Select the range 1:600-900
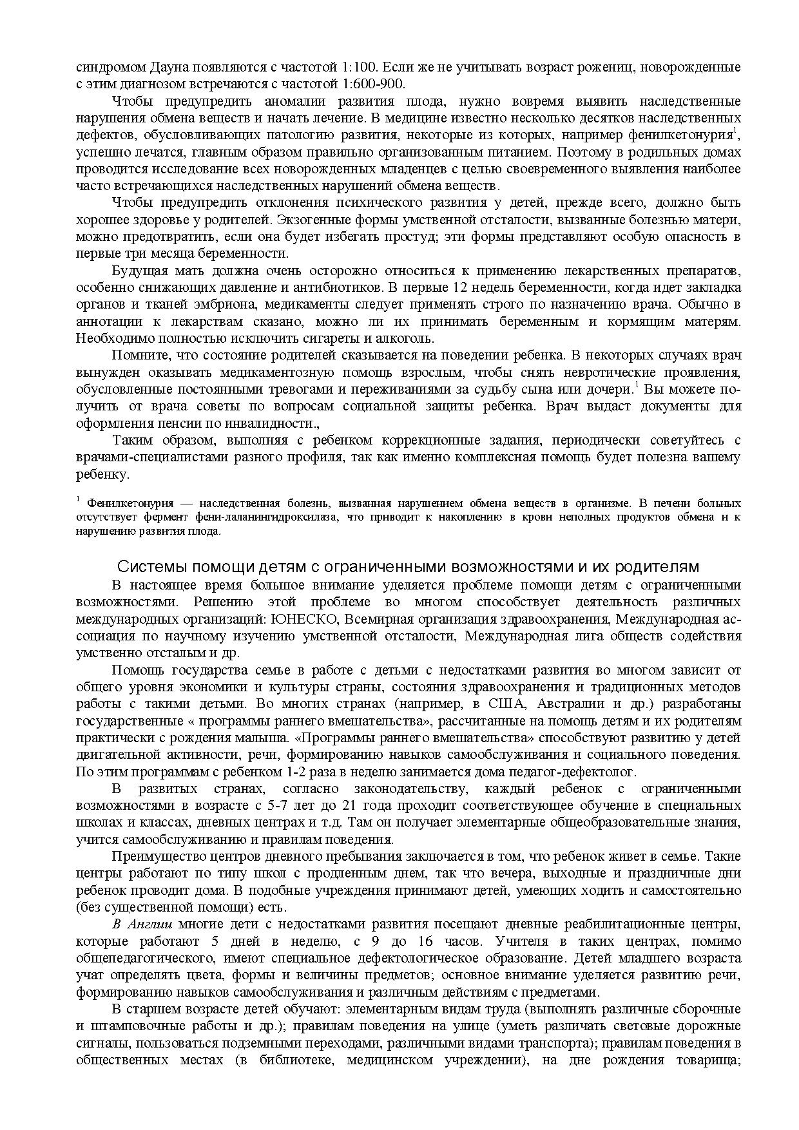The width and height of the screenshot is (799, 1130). [373, 84]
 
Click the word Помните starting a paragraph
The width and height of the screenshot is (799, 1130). [137, 356]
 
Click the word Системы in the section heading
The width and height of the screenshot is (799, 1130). [145, 567]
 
